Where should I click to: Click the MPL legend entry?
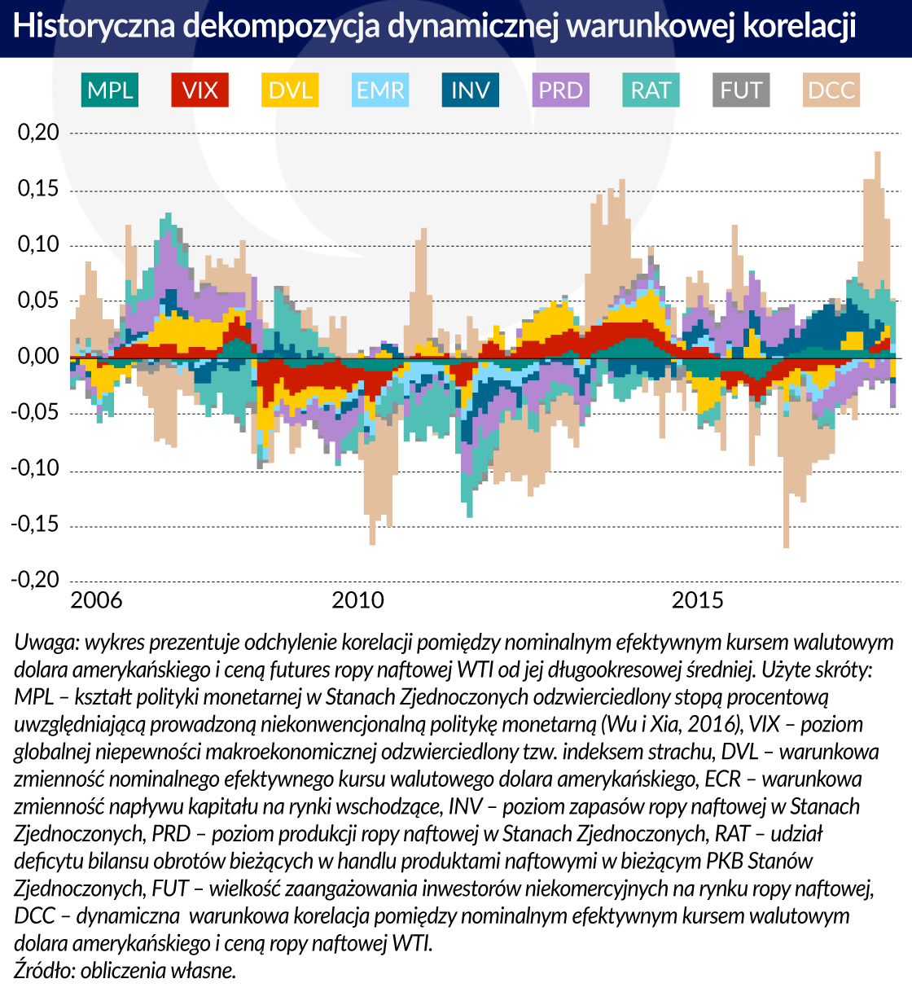pyautogui.click(x=110, y=90)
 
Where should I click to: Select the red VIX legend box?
pyautogui.click(x=200, y=90)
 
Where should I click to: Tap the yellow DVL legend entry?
pyautogui.click(x=291, y=90)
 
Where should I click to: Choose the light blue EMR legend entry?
pyautogui.click(x=380, y=90)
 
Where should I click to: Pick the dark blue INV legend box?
pyautogui.click(x=471, y=90)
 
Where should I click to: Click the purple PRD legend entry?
pyautogui.click(x=561, y=90)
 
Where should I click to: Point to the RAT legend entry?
pyautogui.click(x=651, y=90)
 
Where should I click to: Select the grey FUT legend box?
pyautogui.click(x=741, y=90)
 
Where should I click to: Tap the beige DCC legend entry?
pyautogui.click(x=831, y=90)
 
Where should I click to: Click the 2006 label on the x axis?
pyautogui.click(x=96, y=601)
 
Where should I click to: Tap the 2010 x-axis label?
pyautogui.click(x=357, y=601)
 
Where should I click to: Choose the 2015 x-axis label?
pyautogui.click(x=697, y=601)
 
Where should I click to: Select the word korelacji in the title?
pyautogui.click(x=800, y=27)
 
